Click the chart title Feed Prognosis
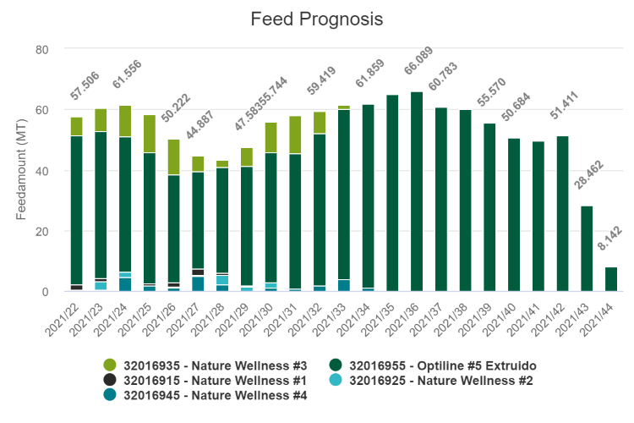[x=316, y=19]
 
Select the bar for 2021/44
[x=611, y=279]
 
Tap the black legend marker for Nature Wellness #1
[x=110, y=380]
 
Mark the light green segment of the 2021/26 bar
[x=173, y=157]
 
